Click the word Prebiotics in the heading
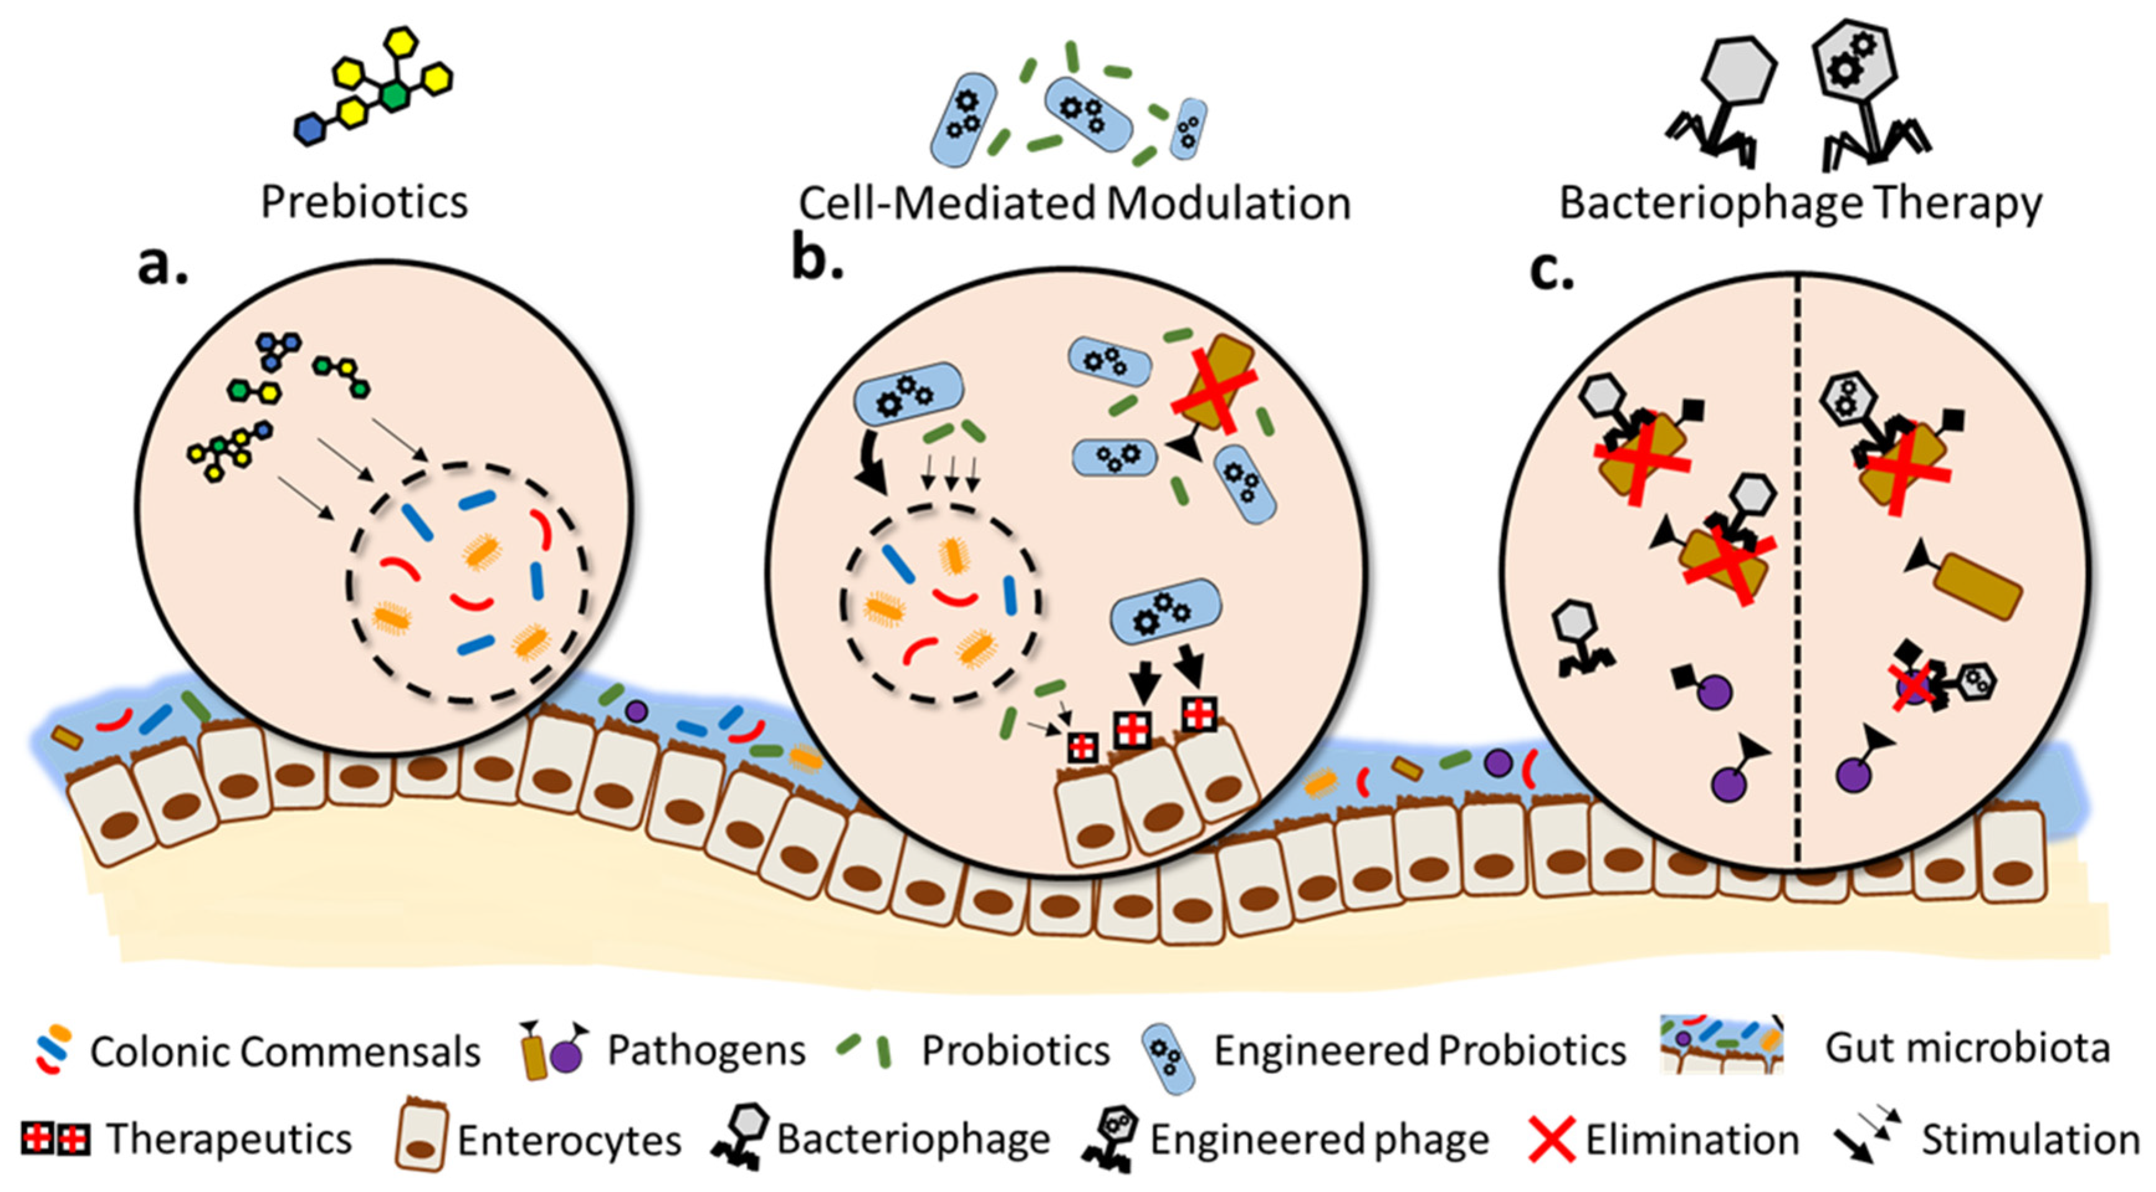[x=364, y=202]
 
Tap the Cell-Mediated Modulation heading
[x=1075, y=203]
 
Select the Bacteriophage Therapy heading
[x=1799, y=203]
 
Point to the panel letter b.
[x=816, y=261]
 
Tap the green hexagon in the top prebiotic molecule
[x=393, y=96]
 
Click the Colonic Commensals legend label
[x=285, y=1052]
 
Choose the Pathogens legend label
[x=706, y=1050]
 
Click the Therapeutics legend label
[x=229, y=1139]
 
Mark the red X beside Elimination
[x=1551, y=1139]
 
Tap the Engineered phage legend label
[x=1319, y=1139]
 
